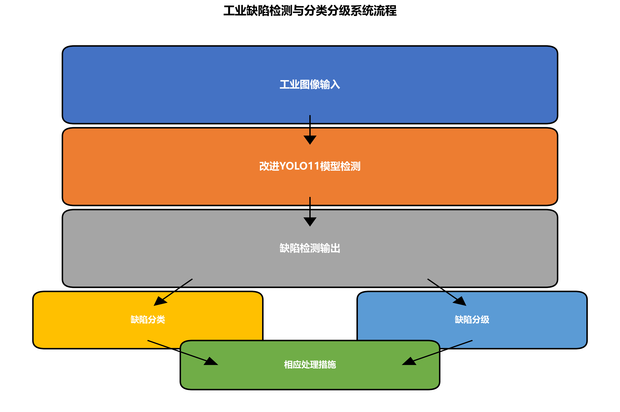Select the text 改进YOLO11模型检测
tap(310, 166)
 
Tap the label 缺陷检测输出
tap(310, 248)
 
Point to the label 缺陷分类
tap(148, 320)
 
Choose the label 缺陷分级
tap(472, 320)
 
